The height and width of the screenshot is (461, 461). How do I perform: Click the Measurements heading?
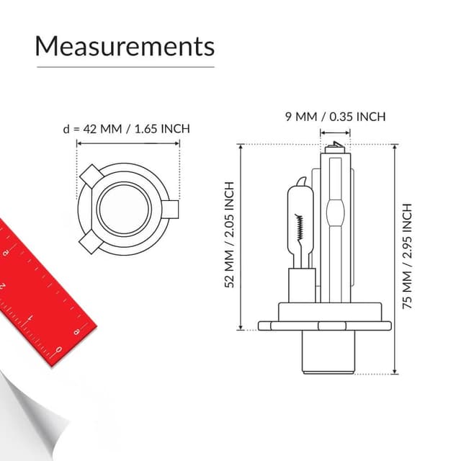pos(125,46)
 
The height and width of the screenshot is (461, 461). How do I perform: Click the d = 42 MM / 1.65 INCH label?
pos(127,129)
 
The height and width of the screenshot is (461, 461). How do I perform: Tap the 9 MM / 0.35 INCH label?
pos(335,117)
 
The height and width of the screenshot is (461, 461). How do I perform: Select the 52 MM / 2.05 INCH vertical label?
pos(229,235)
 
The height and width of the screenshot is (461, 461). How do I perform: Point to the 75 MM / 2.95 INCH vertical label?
pos(407,256)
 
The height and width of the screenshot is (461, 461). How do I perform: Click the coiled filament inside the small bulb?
pos(300,227)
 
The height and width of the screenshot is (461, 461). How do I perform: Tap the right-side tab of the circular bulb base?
pos(170,210)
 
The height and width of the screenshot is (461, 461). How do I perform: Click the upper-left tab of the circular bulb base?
pos(91,176)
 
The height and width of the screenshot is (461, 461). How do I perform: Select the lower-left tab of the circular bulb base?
pos(91,242)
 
